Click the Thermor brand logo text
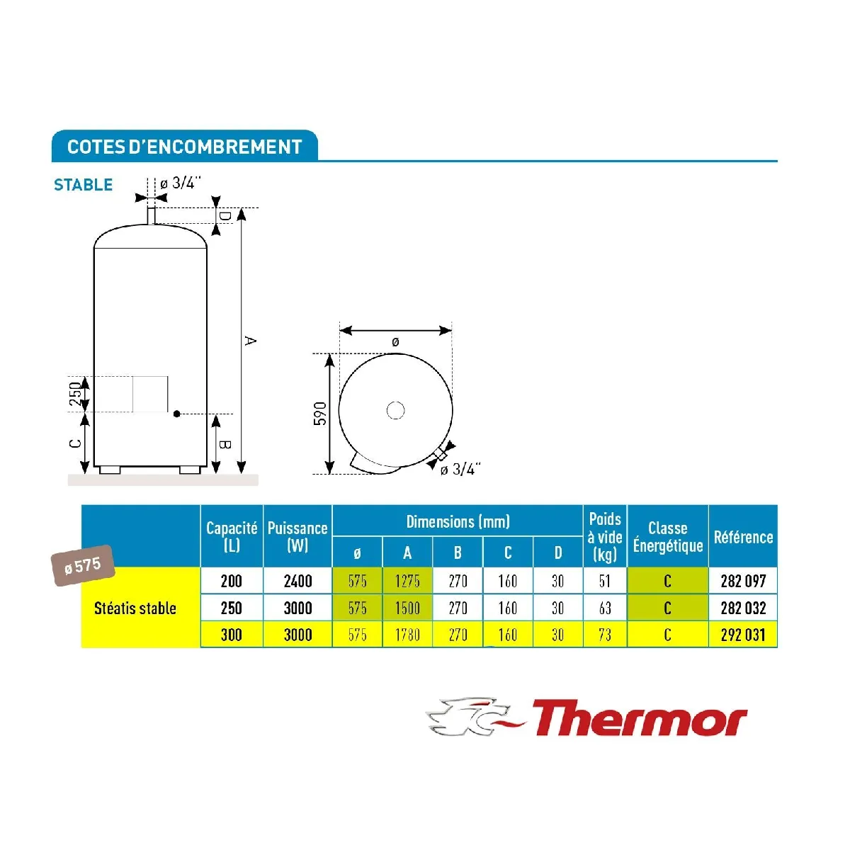pyautogui.click(x=640, y=718)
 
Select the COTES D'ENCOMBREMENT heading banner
pyautogui.click(x=184, y=146)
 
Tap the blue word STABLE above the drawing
pyautogui.click(x=83, y=184)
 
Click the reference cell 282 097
pyautogui.click(x=743, y=581)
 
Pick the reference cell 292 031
pyautogui.click(x=743, y=635)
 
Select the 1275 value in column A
pyautogui.click(x=407, y=581)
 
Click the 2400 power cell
pyautogui.click(x=297, y=581)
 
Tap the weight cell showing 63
pyautogui.click(x=605, y=608)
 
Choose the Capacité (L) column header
pyautogui.click(x=232, y=536)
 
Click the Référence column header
pyautogui.click(x=743, y=537)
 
